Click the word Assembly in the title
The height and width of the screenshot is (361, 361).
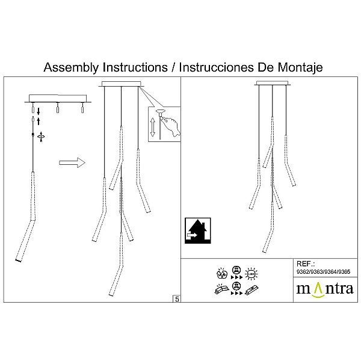coord(71,67)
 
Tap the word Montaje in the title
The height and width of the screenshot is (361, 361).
coord(300,67)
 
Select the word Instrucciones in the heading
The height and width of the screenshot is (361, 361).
coord(217,67)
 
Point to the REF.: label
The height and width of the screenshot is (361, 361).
coord(306,264)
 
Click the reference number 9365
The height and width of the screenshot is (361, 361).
coord(344,272)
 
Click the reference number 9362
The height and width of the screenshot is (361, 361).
coord(303,272)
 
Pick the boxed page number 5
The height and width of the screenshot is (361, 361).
coord(177,299)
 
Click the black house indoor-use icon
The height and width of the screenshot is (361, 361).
coord(198,230)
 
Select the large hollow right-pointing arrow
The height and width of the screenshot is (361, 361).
coord(72,162)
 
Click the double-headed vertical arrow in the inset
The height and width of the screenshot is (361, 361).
coord(152,127)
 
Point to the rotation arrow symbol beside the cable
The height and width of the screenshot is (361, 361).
coord(41,137)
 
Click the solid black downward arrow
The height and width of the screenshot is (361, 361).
coord(39,111)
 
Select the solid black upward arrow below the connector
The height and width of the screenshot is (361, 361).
coord(39,122)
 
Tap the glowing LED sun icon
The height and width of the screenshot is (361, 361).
coord(251,274)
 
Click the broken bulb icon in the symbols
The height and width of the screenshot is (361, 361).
coord(222,273)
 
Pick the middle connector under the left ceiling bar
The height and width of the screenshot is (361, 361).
coord(58,108)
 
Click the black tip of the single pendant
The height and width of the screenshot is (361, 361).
coord(18,261)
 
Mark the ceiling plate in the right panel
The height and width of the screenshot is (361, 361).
coord(273,83)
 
